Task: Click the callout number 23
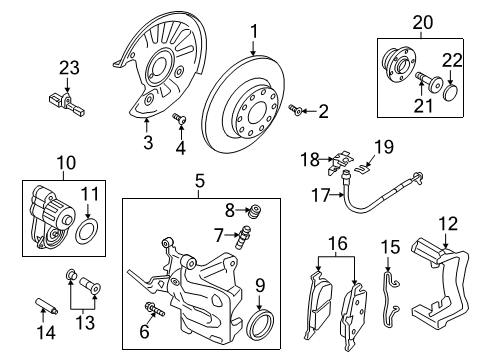(x=70, y=68)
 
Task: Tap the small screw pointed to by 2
(x=295, y=110)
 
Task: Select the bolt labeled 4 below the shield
(x=179, y=118)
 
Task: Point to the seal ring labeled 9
(x=260, y=324)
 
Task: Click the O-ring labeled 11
(x=86, y=230)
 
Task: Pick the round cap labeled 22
(x=452, y=92)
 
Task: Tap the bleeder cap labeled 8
(x=255, y=211)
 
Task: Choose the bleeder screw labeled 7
(x=243, y=237)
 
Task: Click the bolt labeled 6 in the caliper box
(x=154, y=309)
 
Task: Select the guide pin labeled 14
(x=46, y=306)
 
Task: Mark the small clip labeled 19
(x=361, y=169)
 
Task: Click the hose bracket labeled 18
(x=339, y=162)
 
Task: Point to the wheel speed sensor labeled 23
(x=67, y=103)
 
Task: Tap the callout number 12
(x=448, y=224)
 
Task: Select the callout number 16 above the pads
(x=337, y=244)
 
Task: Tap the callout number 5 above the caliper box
(x=199, y=182)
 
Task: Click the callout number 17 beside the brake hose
(x=320, y=195)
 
